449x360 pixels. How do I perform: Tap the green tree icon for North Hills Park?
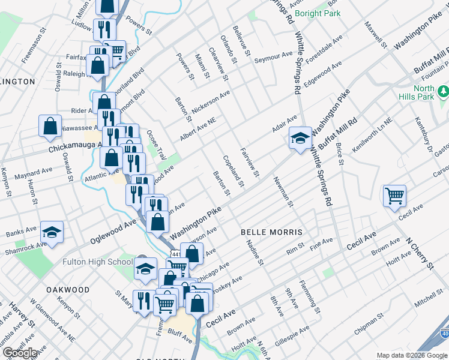click(x=443, y=91)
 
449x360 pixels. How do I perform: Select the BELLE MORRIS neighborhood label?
click(x=270, y=232)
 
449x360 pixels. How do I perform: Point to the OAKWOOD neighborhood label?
click(x=67, y=290)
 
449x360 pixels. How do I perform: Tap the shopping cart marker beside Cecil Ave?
click(x=394, y=196)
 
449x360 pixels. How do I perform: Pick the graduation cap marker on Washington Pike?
click(x=300, y=139)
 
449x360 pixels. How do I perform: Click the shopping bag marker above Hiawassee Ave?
click(x=50, y=127)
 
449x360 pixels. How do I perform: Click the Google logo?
click(x=20, y=353)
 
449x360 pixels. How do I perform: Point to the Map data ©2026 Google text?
click(x=411, y=355)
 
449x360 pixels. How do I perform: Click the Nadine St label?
click(x=255, y=252)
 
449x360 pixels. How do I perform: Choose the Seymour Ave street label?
click(x=273, y=57)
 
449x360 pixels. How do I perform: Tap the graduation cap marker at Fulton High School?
click(x=145, y=271)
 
